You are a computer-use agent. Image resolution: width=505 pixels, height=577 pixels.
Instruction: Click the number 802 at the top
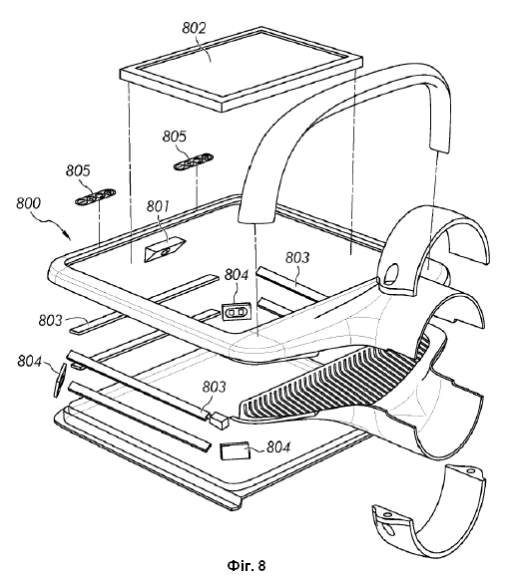click(x=194, y=28)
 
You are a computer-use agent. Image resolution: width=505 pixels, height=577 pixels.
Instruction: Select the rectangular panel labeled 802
click(x=242, y=69)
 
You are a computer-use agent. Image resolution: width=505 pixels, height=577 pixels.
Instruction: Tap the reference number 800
click(x=28, y=203)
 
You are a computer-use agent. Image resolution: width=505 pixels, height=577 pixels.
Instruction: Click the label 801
click(x=158, y=206)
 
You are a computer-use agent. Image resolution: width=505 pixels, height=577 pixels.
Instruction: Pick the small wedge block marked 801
click(x=165, y=250)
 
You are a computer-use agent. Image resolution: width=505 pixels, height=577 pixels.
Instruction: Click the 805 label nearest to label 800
click(x=78, y=171)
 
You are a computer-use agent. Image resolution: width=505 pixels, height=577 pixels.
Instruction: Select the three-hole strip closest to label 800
click(x=95, y=196)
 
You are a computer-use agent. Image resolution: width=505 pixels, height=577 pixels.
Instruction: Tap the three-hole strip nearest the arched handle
click(x=194, y=162)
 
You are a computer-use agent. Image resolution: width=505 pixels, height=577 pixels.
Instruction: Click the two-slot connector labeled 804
click(x=236, y=312)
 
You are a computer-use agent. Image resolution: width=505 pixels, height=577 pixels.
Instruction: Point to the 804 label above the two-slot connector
click(x=237, y=274)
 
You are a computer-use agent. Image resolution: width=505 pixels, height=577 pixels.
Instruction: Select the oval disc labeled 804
click(x=60, y=381)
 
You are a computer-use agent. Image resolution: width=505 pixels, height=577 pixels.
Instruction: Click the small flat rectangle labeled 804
click(x=235, y=450)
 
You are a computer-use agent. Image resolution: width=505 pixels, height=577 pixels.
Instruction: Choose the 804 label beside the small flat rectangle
click(x=278, y=447)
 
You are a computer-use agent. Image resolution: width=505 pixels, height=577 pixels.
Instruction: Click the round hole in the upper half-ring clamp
click(x=391, y=272)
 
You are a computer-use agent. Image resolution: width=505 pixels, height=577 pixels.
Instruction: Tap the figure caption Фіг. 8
click(x=247, y=564)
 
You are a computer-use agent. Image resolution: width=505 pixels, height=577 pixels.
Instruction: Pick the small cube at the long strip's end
click(x=219, y=421)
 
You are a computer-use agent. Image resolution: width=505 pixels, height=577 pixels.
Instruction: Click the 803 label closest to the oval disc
click(x=51, y=321)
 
